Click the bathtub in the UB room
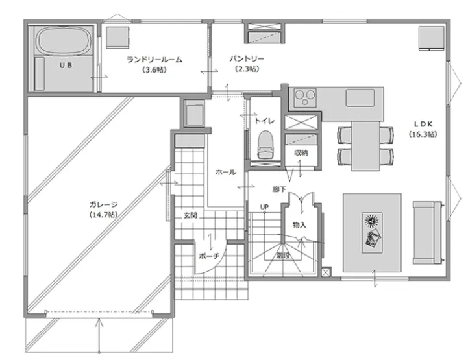point(64,41)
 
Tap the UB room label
point(66,65)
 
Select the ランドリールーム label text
point(154,60)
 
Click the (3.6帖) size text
point(154,70)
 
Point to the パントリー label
point(247,58)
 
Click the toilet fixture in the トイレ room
point(265,145)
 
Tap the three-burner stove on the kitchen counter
point(304,97)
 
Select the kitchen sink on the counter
point(360,97)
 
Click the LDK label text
point(423,124)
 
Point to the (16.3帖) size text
point(423,134)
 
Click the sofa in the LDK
point(427,233)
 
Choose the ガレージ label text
point(103,204)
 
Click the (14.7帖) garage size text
point(103,215)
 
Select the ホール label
point(226,172)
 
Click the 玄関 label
point(190,215)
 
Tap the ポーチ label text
point(209,256)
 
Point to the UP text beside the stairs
point(264,207)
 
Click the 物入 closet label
point(299,224)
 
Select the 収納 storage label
point(301,153)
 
